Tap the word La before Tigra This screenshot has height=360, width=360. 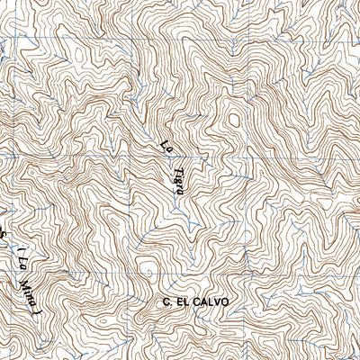[166, 145]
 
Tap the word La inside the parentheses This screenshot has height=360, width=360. [19, 267]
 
